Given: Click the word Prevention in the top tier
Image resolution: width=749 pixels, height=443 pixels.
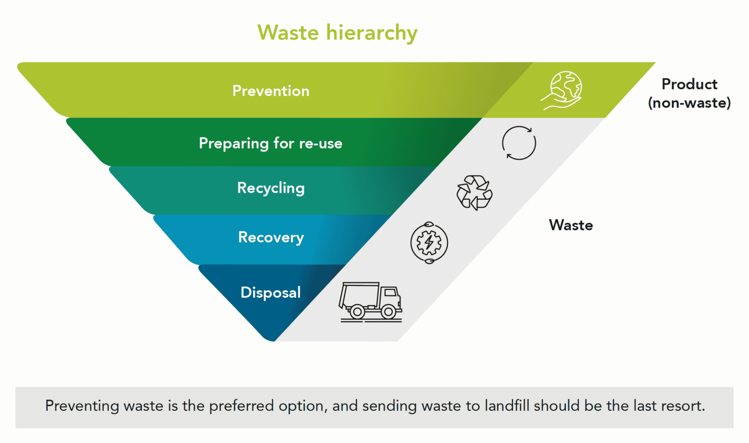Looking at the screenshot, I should click(x=271, y=91).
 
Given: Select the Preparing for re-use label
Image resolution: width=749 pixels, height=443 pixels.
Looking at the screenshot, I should click(x=270, y=143).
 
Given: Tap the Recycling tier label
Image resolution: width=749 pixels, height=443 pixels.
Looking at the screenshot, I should click(x=271, y=188).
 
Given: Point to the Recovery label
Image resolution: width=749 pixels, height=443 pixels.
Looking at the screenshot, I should click(x=271, y=237).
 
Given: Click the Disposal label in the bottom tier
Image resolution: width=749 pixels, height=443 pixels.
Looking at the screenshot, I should click(x=270, y=292).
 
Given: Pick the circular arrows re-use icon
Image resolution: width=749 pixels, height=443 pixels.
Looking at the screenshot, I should click(x=519, y=143).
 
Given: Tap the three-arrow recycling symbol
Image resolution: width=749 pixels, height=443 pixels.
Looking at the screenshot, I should click(x=474, y=192).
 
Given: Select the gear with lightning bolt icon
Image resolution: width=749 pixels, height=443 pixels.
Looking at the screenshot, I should click(x=429, y=243).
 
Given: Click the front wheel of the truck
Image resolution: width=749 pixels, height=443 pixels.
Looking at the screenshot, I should click(x=388, y=311).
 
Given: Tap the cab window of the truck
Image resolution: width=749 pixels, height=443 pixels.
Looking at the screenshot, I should click(x=390, y=292).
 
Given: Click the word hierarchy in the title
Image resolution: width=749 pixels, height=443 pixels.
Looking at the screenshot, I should click(x=372, y=33).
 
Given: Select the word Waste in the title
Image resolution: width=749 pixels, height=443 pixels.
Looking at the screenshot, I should click(x=288, y=33).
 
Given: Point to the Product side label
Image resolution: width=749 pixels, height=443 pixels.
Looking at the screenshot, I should click(x=689, y=84).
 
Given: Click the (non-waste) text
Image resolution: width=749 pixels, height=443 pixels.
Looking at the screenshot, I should click(x=689, y=103).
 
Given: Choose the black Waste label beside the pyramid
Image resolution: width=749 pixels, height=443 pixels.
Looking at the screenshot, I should click(x=571, y=225).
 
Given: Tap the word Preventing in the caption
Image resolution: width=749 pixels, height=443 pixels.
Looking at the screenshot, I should click(x=82, y=406).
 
